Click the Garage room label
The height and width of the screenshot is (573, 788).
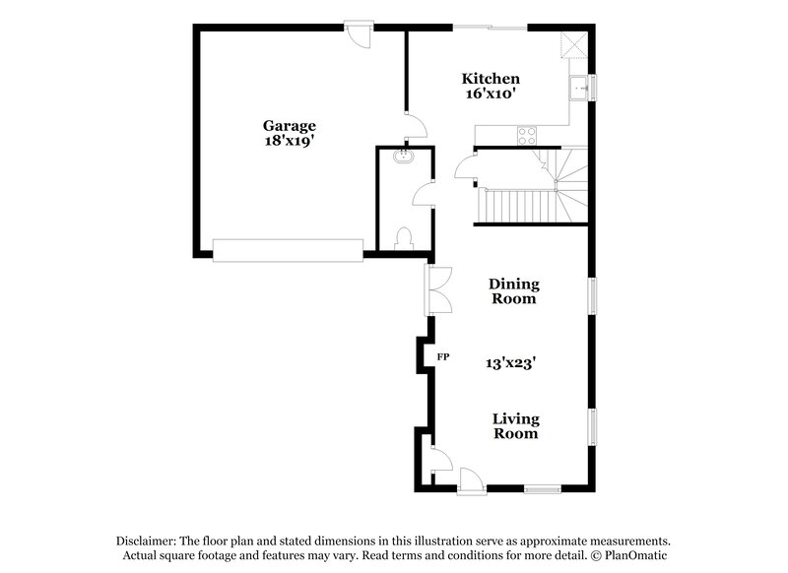pos(289,125)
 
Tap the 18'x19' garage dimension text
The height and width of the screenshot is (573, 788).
pos(289,141)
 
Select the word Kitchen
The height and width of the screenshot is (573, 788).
pos(491,78)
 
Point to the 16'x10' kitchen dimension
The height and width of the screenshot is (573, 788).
pos(491,94)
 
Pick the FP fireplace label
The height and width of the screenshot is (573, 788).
pos(443,356)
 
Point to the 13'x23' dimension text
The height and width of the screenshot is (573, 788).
pos(510,361)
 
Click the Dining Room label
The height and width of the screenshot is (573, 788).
pos(514,290)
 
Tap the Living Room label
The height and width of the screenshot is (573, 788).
pos(515,425)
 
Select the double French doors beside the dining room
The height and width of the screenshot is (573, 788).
pos(436,289)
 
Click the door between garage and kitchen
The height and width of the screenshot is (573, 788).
pos(416,125)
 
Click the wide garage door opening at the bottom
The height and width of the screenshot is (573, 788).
pos(288,250)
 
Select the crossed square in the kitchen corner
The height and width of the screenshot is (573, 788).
pos(573,45)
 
